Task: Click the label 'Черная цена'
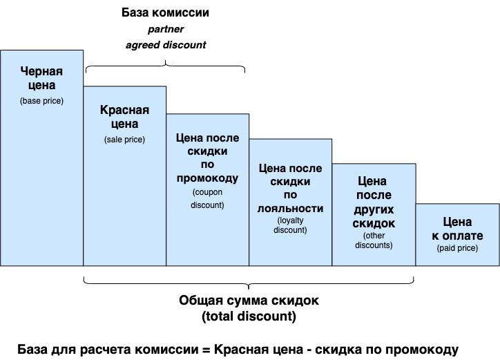pyautogui.click(x=41, y=79)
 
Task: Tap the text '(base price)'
pyautogui.click(x=41, y=101)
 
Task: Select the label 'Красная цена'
pyautogui.click(x=124, y=117)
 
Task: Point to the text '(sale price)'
pyautogui.click(x=124, y=140)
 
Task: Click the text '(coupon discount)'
pyautogui.click(x=208, y=198)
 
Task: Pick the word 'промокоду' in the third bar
pyautogui.click(x=207, y=178)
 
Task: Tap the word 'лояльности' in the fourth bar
pyautogui.click(x=291, y=208)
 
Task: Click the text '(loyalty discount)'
pyautogui.click(x=291, y=225)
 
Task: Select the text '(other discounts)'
pyautogui.click(x=374, y=240)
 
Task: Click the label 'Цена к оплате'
pyautogui.click(x=457, y=229)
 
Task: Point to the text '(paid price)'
pyautogui.click(x=457, y=248)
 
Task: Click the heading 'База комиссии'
pyautogui.click(x=165, y=13)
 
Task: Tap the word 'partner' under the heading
pyautogui.click(x=165, y=30)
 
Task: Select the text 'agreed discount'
pyautogui.click(x=165, y=45)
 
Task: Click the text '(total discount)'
pyautogui.click(x=249, y=317)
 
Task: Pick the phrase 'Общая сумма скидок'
pyautogui.click(x=249, y=302)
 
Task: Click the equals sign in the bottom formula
pyautogui.click(x=204, y=348)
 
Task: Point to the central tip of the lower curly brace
pyautogui.click(x=249, y=287)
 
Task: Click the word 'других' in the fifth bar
pyautogui.click(x=374, y=209)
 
